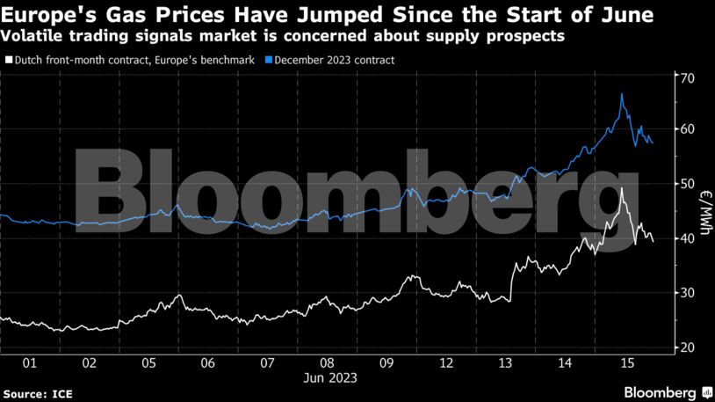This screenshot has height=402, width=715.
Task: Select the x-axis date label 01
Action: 29,362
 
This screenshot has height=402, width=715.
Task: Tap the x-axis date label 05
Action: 148,362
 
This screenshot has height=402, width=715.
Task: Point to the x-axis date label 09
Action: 387,362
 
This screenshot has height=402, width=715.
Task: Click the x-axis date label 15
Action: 627,362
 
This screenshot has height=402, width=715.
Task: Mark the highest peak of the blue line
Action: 622,94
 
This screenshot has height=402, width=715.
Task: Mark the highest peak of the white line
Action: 622,188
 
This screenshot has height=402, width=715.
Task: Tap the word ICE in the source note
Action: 61,391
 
